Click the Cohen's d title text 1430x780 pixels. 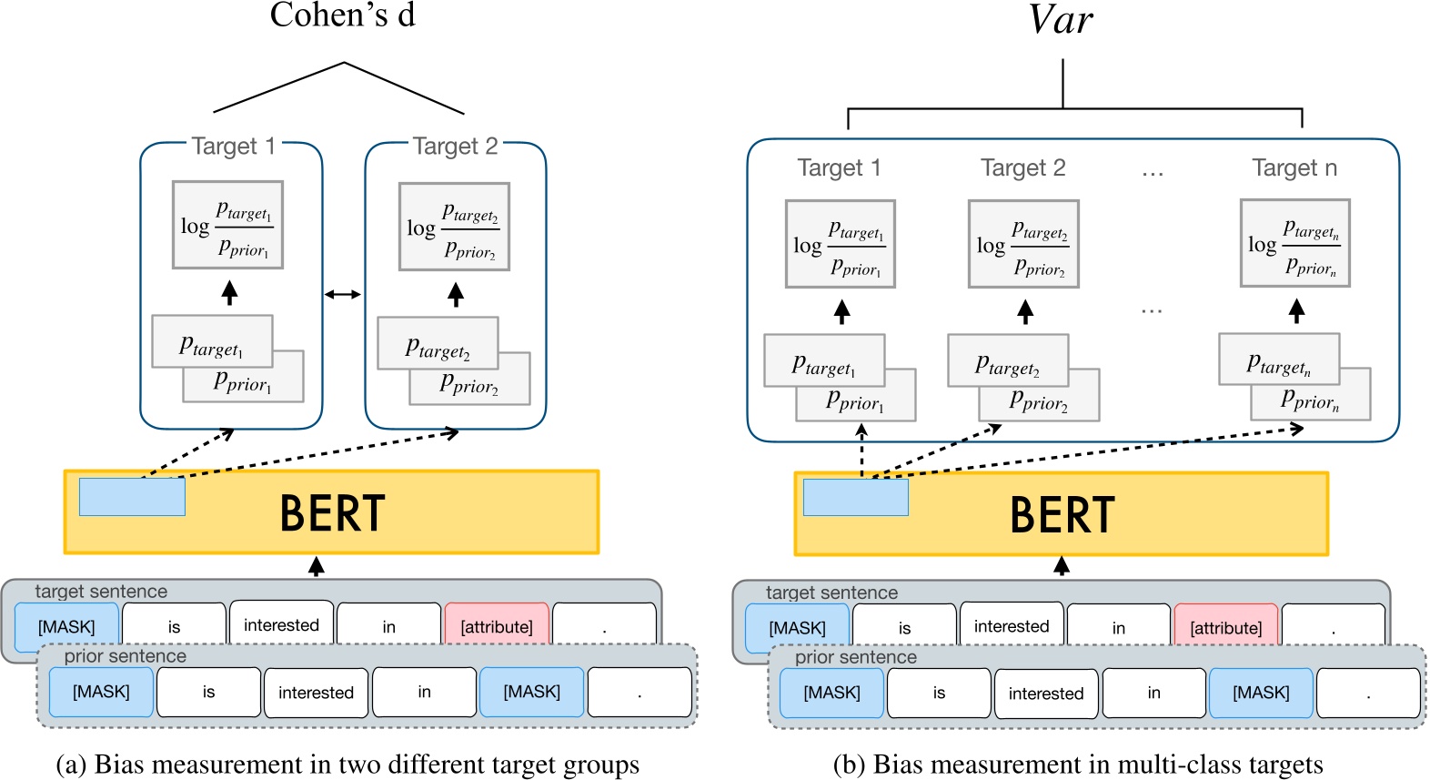342,15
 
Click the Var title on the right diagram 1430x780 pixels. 1061,19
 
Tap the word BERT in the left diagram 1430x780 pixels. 332,513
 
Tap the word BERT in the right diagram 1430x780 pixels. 1062,515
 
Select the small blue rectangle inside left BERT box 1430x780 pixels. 132,497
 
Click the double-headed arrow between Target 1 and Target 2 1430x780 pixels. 343,294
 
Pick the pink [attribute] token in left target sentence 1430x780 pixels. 497,626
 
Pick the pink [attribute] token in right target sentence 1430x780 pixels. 1225,627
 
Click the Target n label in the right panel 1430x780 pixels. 1294,167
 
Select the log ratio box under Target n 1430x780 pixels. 1294,243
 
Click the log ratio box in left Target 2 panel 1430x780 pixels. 454,227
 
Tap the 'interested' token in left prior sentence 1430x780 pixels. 316,693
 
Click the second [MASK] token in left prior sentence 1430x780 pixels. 531,692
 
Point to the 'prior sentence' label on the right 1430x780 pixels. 855,657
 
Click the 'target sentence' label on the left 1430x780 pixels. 101,592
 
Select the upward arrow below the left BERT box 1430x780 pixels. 316,566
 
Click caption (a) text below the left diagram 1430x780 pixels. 347,765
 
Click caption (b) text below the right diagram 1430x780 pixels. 1078,765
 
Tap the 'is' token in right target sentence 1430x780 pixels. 904,628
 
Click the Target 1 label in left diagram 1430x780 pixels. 233,147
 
